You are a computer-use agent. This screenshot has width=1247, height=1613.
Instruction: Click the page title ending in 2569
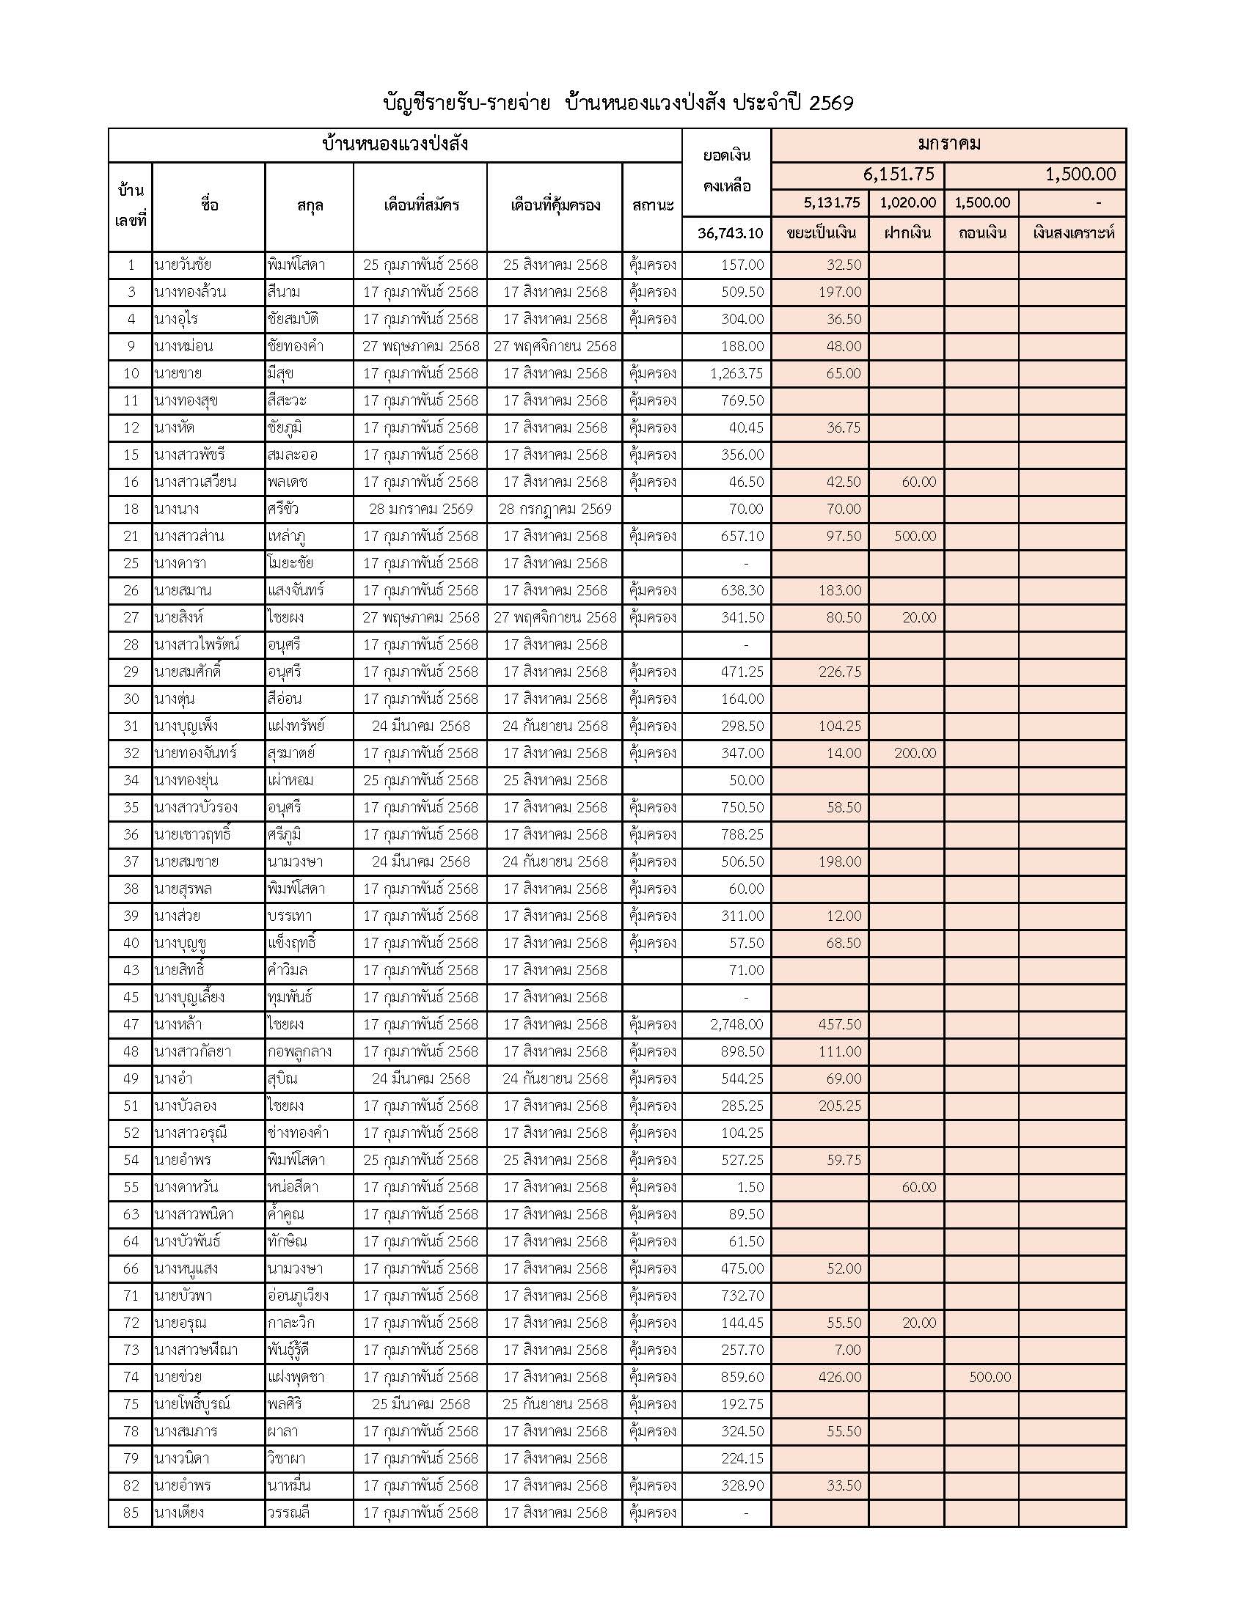click(618, 103)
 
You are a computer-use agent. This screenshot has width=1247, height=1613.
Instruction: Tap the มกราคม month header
click(948, 144)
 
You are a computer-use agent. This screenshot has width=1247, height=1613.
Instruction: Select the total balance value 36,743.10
click(730, 233)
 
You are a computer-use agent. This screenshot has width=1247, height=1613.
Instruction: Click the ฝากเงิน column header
click(907, 233)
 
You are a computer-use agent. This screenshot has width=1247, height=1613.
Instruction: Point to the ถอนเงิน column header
click(981, 233)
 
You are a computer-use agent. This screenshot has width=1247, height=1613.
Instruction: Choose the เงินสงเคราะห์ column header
click(1072, 233)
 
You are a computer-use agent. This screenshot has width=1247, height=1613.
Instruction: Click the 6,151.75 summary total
click(899, 174)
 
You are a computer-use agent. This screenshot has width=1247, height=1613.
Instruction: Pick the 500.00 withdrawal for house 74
click(990, 1377)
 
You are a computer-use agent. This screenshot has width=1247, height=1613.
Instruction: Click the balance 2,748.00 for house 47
click(736, 1024)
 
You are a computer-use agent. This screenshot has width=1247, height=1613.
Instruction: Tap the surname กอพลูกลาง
click(299, 1051)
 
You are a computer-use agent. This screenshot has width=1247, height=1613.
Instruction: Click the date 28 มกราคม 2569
click(420, 509)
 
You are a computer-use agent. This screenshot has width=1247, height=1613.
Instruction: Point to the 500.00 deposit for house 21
click(915, 536)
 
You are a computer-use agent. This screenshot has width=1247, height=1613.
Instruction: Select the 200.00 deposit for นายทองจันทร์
click(915, 753)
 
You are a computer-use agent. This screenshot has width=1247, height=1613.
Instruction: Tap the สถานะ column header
click(652, 205)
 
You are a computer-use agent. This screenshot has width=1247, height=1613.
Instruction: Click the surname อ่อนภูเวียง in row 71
click(298, 1296)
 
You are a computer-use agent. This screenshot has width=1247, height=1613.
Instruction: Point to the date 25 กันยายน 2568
click(555, 1404)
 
